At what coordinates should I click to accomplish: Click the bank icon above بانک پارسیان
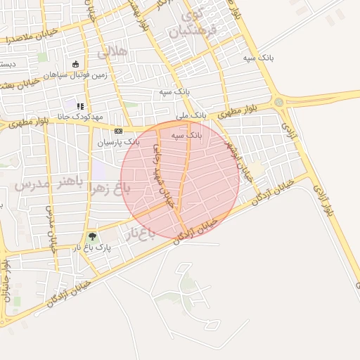(x=118, y=131)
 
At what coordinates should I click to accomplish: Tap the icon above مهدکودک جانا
(x=79, y=106)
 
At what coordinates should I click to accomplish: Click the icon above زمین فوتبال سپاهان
(x=76, y=64)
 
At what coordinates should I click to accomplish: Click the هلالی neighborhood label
(x=114, y=51)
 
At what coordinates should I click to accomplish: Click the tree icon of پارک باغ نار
(x=92, y=237)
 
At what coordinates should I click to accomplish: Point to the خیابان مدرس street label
(x=49, y=229)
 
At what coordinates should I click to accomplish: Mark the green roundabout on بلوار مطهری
(x=279, y=103)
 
